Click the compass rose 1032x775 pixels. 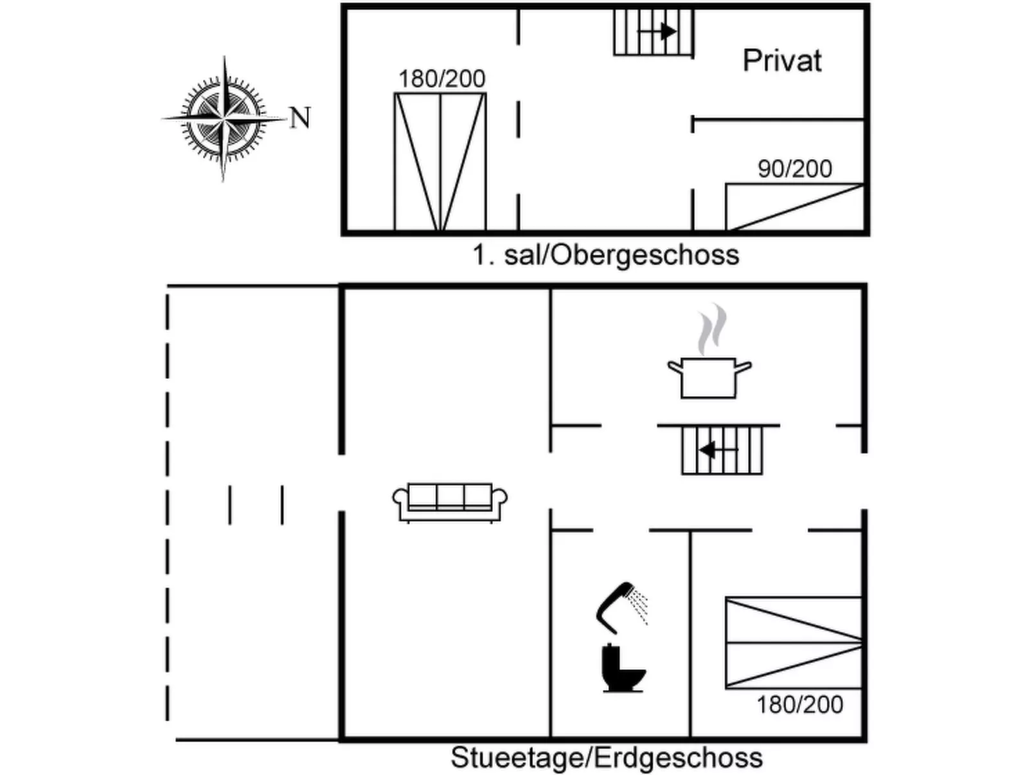pos(224,119)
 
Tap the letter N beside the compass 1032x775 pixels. pos(300,118)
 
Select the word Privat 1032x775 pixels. pos(782,61)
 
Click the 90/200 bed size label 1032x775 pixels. pos(795,169)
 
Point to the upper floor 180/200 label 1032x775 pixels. pos(441,79)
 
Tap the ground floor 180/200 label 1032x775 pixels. pos(799,705)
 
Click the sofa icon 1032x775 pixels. pos(450,502)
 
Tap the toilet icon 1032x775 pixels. pos(621,669)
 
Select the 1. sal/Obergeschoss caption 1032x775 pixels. pos(606,255)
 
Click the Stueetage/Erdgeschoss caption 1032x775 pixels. pos(606,758)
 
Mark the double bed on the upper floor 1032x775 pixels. pos(440,161)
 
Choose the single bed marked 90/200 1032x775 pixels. pos(794,206)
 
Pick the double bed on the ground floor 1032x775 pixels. pos(794,643)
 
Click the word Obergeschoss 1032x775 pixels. pos(645,255)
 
